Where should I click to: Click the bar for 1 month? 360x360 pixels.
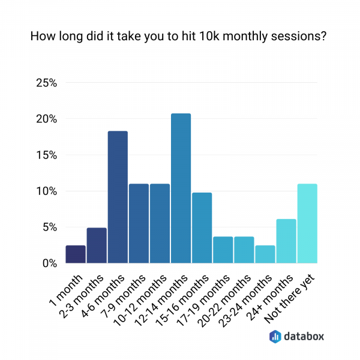pos(76,254)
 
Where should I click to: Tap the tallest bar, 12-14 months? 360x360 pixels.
pos(181,188)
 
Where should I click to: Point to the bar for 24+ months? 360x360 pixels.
pos(286,241)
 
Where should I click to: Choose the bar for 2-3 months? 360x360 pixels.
pos(97,245)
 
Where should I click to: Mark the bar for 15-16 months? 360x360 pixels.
pos(202,227)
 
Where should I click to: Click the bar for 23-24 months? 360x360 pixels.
pos(265,254)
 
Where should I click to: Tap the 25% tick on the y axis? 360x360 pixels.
pos(46,83)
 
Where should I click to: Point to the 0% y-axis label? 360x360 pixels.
pos(49,263)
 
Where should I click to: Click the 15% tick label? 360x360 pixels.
pos(46,155)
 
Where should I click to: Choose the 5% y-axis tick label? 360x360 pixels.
pos(49,227)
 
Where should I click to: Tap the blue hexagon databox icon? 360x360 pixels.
pos(275,337)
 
